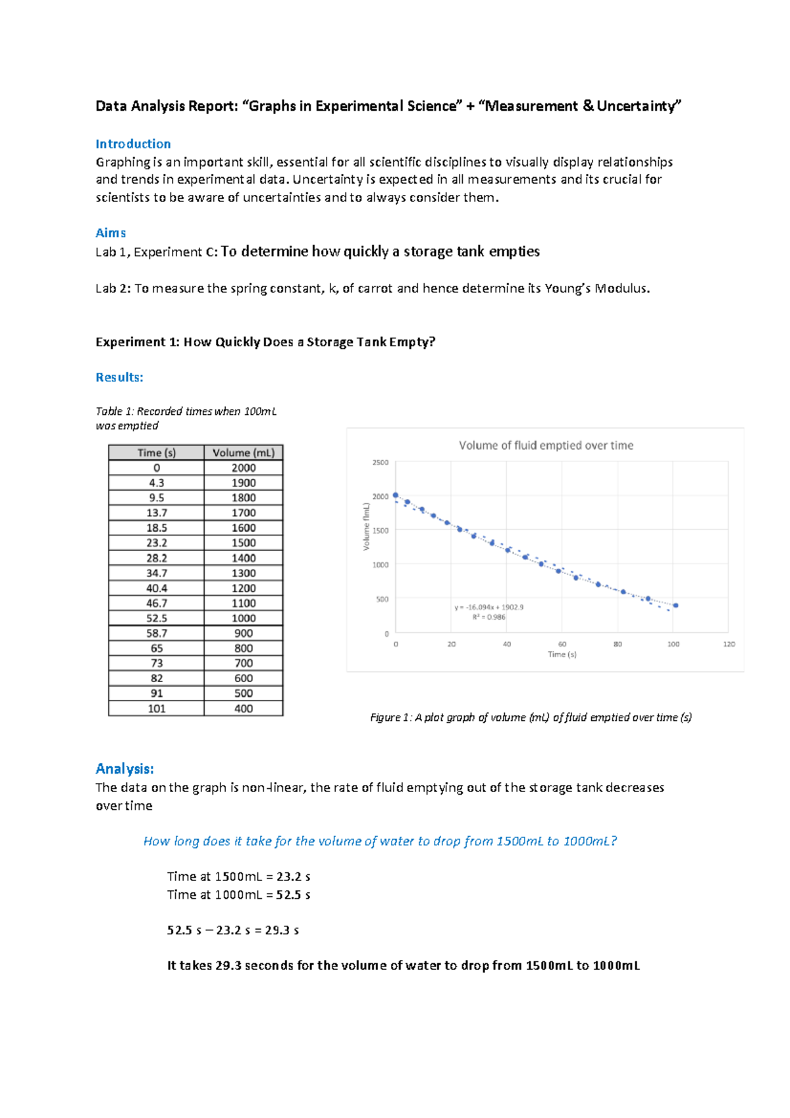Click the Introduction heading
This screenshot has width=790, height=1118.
(x=133, y=144)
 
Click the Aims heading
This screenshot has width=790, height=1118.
(x=111, y=232)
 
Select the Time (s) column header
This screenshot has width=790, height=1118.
(x=156, y=452)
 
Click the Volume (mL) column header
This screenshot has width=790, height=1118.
(x=243, y=452)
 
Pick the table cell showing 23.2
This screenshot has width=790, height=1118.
(x=156, y=543)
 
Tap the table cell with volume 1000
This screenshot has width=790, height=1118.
(x=243, y=618)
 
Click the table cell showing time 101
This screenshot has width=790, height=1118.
(x=156, y=708)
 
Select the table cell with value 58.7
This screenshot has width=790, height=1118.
(x=156, y=633)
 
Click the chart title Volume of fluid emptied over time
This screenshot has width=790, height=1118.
(x=546, y=445)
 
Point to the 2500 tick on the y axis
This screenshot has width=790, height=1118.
(x=381, y=462)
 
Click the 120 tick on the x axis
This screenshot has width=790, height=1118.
(x=729, y=644)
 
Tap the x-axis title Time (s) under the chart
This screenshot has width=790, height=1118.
(x=562, y=654)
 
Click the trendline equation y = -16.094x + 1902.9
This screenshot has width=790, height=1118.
(x=488, y=607)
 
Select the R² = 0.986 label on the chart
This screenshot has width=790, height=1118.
(x=488, y=617)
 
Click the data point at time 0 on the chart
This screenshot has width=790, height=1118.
(x=396, y=495)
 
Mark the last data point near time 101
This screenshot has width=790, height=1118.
(x=675, y=605)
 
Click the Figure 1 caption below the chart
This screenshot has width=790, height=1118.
(x=531, y=717)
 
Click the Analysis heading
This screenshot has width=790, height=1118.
(x=124, y=768)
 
